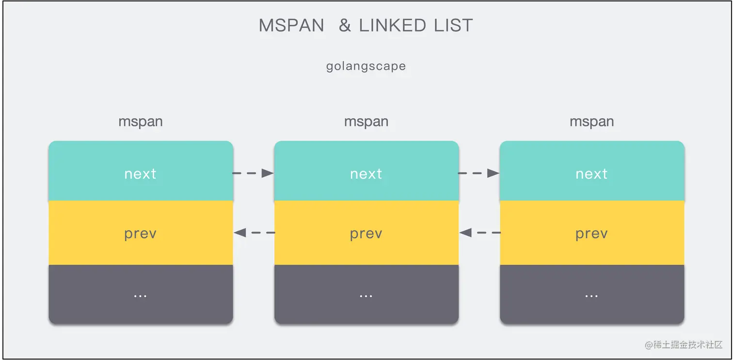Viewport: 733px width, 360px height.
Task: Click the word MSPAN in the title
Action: coord(291,26)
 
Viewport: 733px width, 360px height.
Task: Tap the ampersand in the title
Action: coord(345,26)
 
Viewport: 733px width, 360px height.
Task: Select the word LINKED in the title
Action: coord(393,26)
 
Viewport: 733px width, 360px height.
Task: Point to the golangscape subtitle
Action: coord(366,66)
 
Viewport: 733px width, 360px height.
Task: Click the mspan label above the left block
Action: coord(141,122)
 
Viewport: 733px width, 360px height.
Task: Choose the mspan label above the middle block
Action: coord(366,122)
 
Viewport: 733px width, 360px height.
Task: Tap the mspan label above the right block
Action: coord(591,122)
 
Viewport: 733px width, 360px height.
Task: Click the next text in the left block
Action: coord(141,173)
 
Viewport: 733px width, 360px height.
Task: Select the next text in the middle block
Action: coord(366,173)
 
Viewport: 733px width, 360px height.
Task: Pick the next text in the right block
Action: coord(591,173)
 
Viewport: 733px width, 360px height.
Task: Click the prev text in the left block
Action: coord(141,234)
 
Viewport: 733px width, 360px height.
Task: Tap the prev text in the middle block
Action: coord(366,234)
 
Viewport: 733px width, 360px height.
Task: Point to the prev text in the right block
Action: coord(591,234)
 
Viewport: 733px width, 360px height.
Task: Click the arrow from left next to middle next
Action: coord(254,173)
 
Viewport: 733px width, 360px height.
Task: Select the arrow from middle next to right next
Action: coord(479,173)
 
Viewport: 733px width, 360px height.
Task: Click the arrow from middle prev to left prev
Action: coord(254,233)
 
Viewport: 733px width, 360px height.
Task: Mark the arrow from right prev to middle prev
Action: coord(479,233)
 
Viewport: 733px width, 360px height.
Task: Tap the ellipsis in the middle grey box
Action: coord(366,295)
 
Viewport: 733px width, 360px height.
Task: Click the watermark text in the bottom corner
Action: coord(684,344)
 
